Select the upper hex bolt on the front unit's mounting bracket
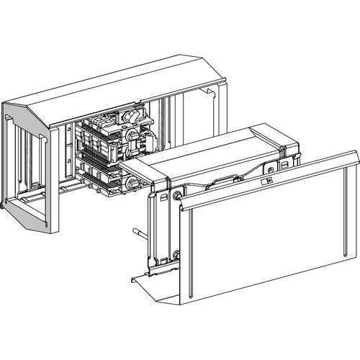[175, 196]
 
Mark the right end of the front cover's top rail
[354, 155]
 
